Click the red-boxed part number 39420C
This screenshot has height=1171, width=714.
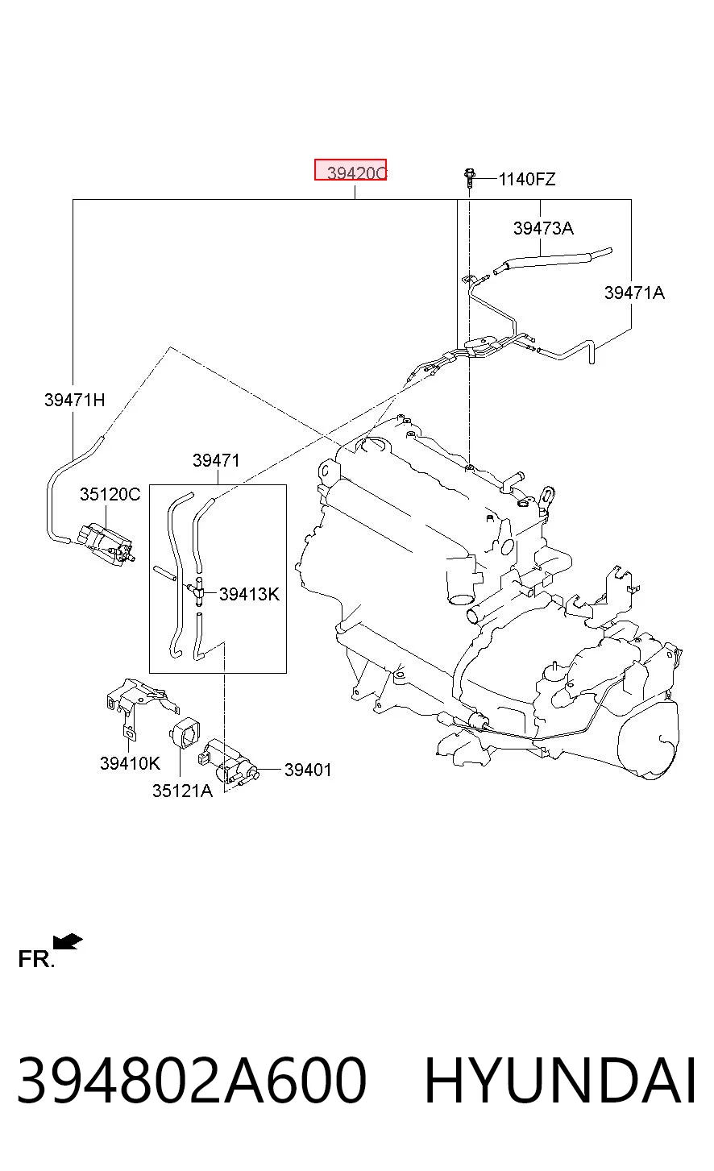[351, 170]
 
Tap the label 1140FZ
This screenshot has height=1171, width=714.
[527, 179]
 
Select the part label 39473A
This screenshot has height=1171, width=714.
[543, 228]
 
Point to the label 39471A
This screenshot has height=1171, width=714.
[634, 293]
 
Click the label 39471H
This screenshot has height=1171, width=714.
[75, 400]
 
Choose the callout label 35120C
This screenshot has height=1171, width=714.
[110, 494]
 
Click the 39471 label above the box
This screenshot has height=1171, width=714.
[217, 460]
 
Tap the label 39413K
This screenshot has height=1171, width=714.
[249, 595]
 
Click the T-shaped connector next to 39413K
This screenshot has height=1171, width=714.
[197, 592]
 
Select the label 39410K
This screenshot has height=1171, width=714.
[131, 764]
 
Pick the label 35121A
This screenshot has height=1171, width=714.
[182, 791]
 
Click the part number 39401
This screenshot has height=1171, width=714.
[308, 770]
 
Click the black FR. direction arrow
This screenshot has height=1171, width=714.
[68, 941]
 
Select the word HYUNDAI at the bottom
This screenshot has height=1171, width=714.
[560, 1081]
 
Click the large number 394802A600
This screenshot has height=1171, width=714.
[192, 1081]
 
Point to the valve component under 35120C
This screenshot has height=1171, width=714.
[107, 544]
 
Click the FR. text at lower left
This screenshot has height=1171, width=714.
[36, 960]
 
